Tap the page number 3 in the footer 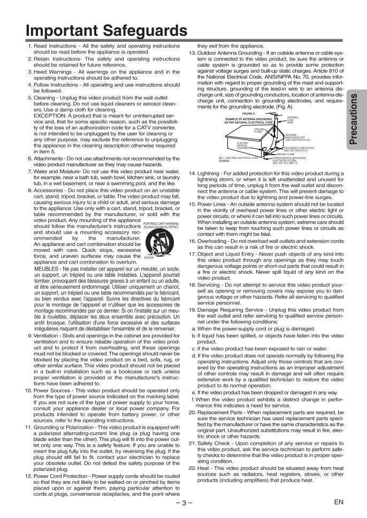tap(183, 502)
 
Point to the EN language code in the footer tap(338, 502)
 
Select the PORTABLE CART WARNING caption tap(161, 223)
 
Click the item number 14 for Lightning tap(193, 174)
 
